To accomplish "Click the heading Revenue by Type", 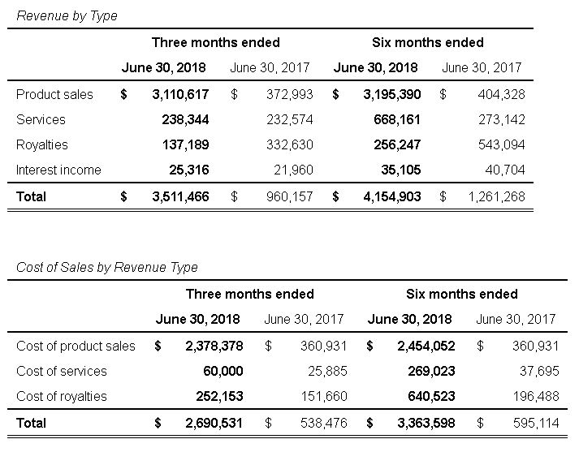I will click(67, 15).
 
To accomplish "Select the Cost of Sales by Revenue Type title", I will click(107, 267).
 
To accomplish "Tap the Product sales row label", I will click(54, 94).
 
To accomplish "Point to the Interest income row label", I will click(58, 170).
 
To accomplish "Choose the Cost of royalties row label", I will click(62, 396).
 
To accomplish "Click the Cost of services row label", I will click(62, 371).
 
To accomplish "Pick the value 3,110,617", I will click(180, 94).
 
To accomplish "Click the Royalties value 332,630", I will click(289, 144).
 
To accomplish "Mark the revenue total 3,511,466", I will click(180, 196).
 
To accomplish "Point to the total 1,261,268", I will click(496, 196).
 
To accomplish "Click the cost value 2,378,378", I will click(214, 346).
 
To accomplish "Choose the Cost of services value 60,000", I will click(223, 371).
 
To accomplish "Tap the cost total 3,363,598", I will click(427, 423).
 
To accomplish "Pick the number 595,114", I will click(536, 423).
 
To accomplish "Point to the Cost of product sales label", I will click(76, 346).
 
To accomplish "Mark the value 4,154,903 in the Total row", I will click(392, 196).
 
